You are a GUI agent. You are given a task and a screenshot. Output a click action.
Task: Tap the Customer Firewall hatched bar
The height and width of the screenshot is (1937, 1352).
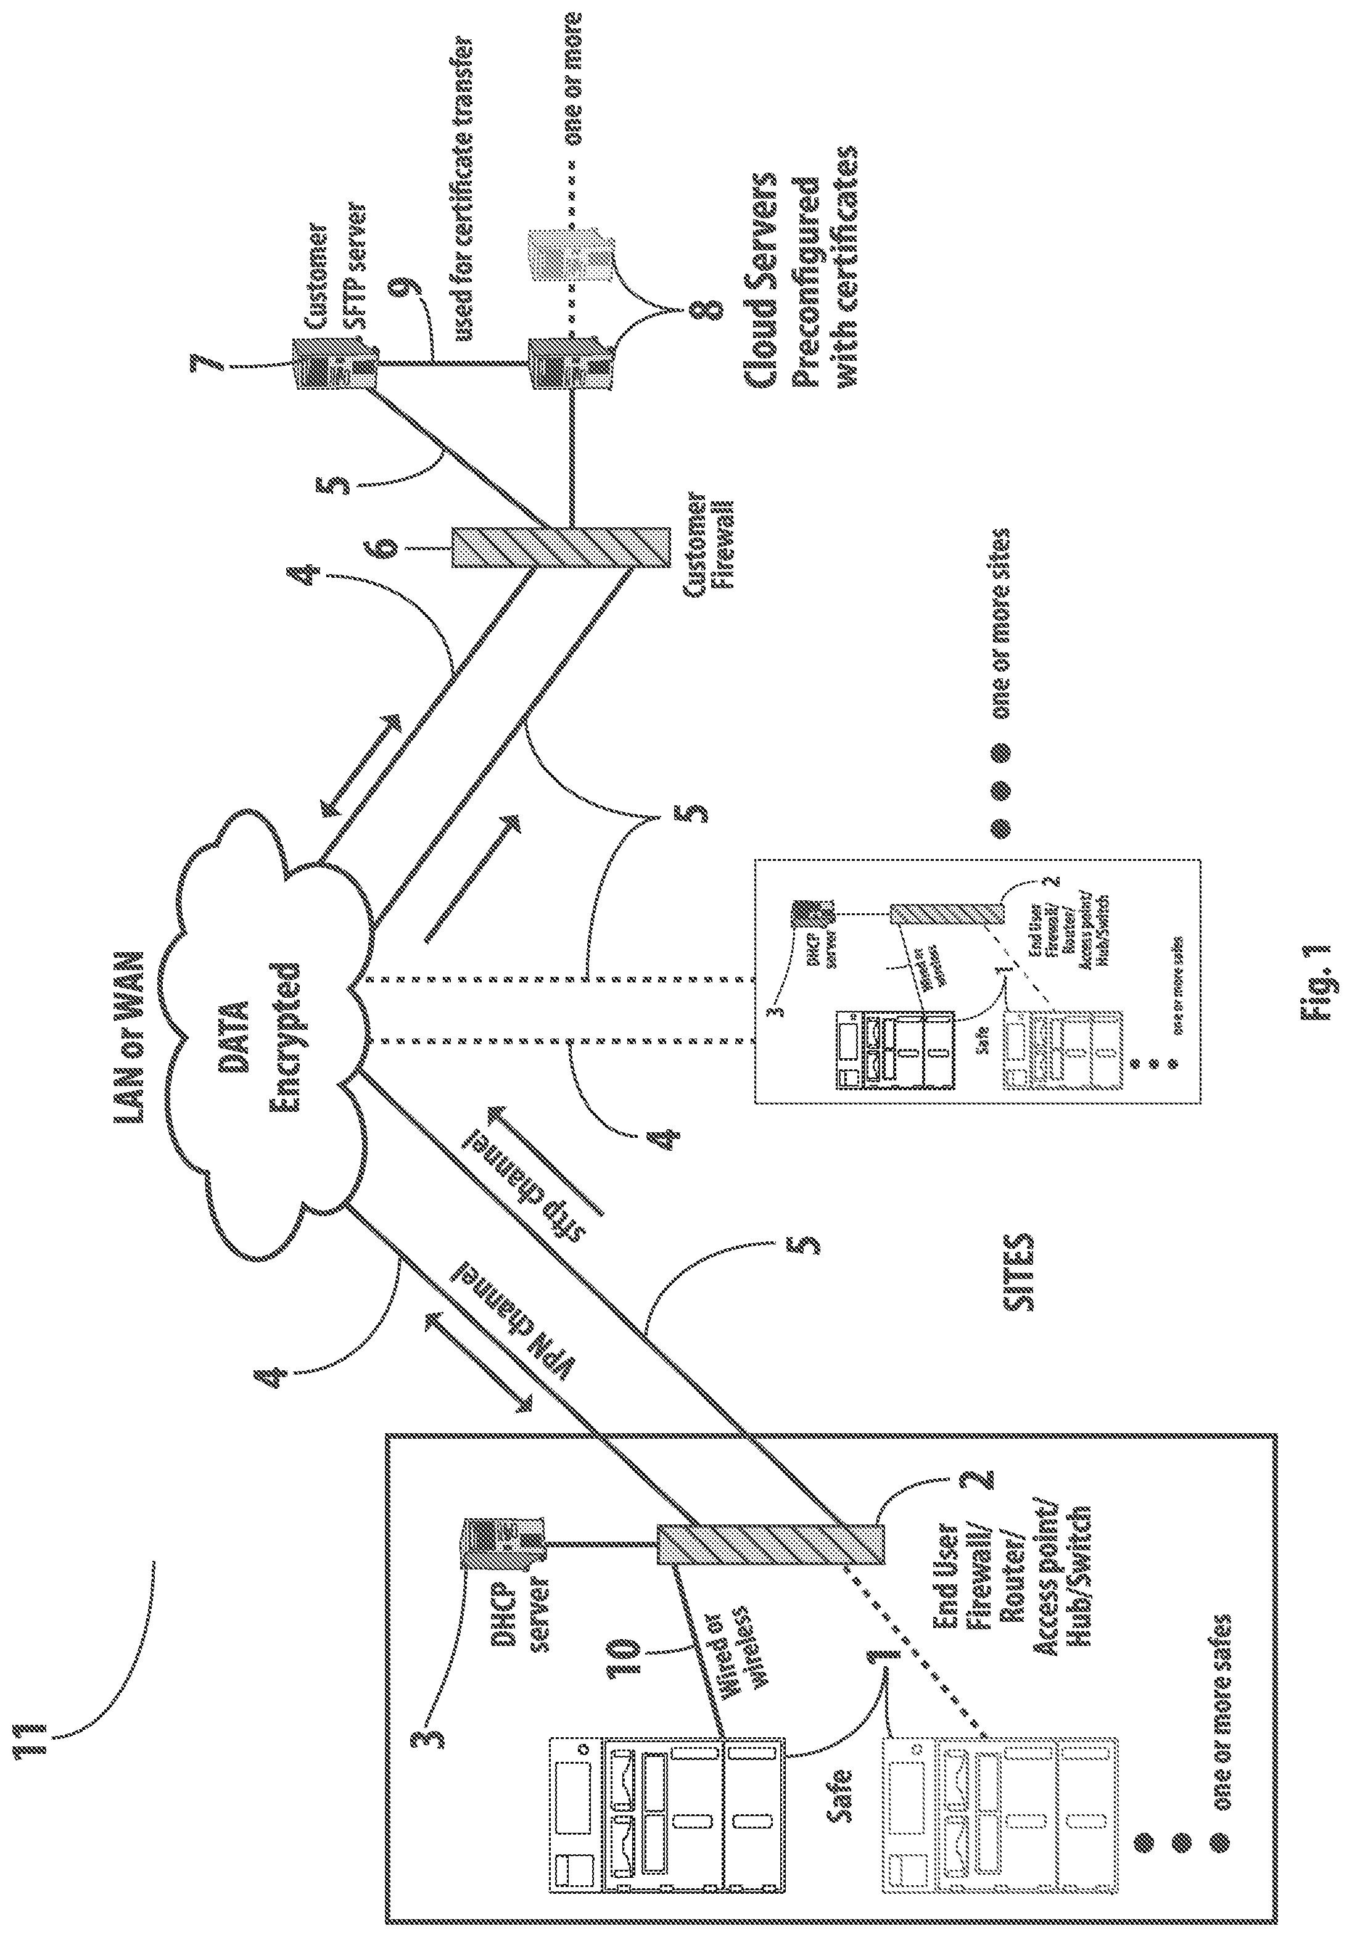pyautogui.click(x=561, y=548)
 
